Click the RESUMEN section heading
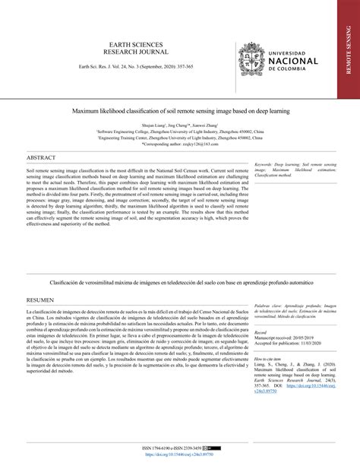41,299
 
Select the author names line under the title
179,122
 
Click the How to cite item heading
268,357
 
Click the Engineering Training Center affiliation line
179,136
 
